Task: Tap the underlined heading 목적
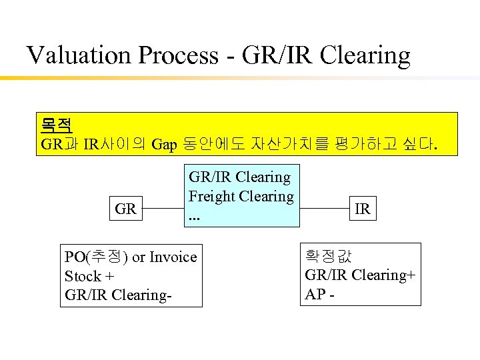coord(57,125)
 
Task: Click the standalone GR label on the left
coord(126,209)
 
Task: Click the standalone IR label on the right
coord(363,209)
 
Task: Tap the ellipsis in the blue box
coord(195,216)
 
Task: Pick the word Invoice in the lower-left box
coord(172,257)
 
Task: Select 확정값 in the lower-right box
coord(328,255)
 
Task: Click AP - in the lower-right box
coord(319,293)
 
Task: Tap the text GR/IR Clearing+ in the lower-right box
coord(361,275)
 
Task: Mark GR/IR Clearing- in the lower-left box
coord(117,295)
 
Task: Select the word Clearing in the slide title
coord(365,55)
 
